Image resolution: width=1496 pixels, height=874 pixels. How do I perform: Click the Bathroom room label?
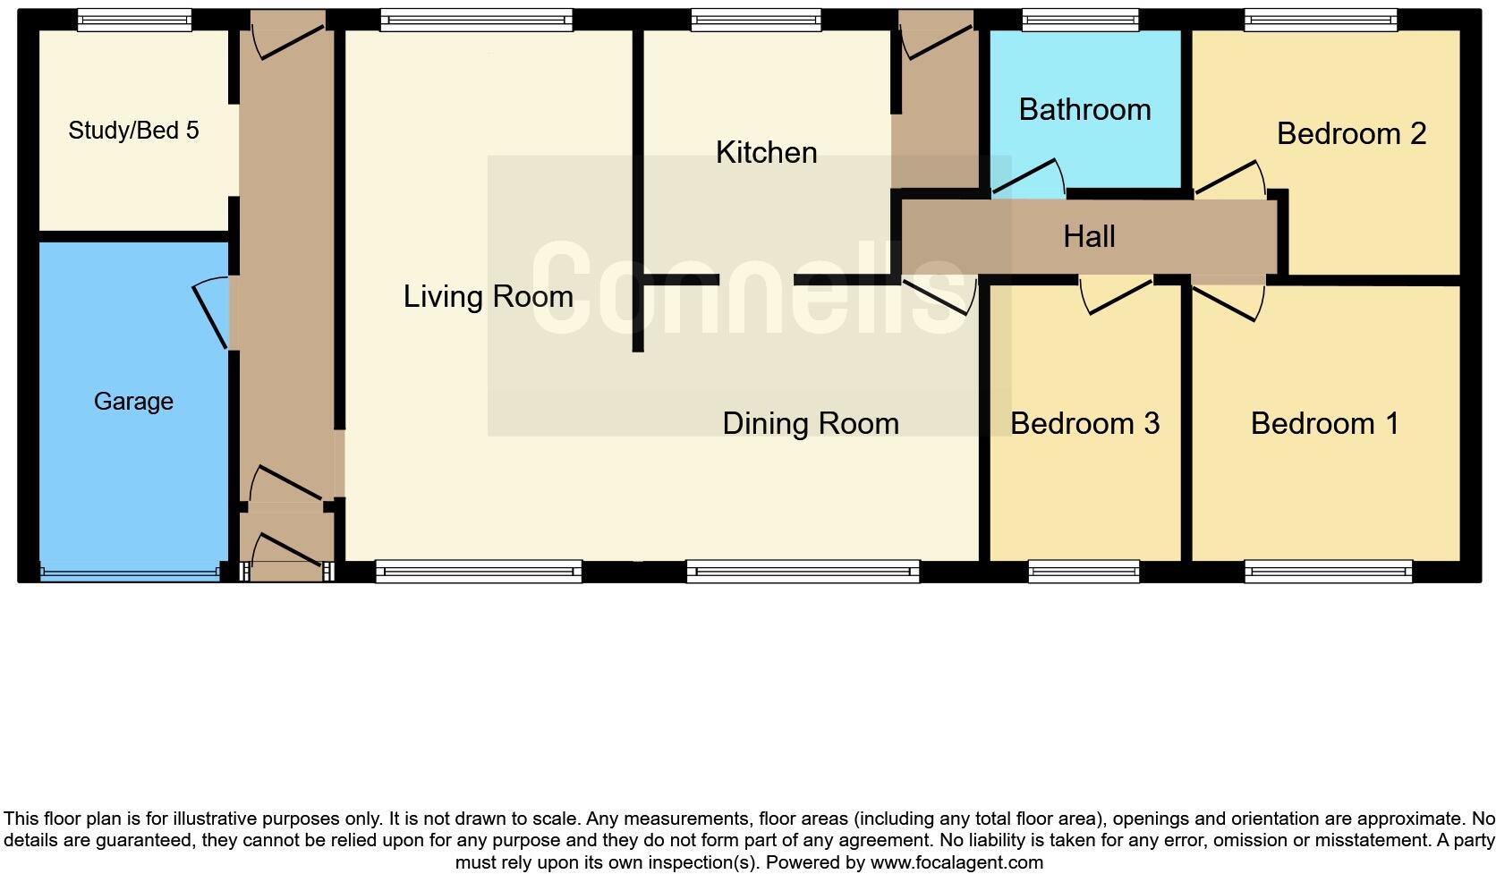1084,110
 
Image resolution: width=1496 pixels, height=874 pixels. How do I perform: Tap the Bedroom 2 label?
1351,134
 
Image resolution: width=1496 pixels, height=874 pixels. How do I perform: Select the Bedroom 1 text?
1324,423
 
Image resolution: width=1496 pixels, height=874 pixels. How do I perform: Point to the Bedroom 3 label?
1084,423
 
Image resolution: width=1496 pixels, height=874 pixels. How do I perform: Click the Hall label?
1089,237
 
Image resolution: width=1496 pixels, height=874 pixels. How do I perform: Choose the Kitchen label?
766,153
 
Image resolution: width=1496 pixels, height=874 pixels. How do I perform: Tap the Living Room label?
488,297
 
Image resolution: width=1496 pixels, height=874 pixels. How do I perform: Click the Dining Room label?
811,424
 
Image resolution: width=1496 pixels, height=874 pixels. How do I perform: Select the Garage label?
133,402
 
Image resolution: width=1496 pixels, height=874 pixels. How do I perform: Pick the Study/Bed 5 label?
133,131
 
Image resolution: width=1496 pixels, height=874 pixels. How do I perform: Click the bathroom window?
1080,20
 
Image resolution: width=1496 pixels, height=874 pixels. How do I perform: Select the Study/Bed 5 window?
134,20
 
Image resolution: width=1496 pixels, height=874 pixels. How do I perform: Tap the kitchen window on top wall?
756,20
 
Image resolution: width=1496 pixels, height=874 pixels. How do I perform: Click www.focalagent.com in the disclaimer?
956,863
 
